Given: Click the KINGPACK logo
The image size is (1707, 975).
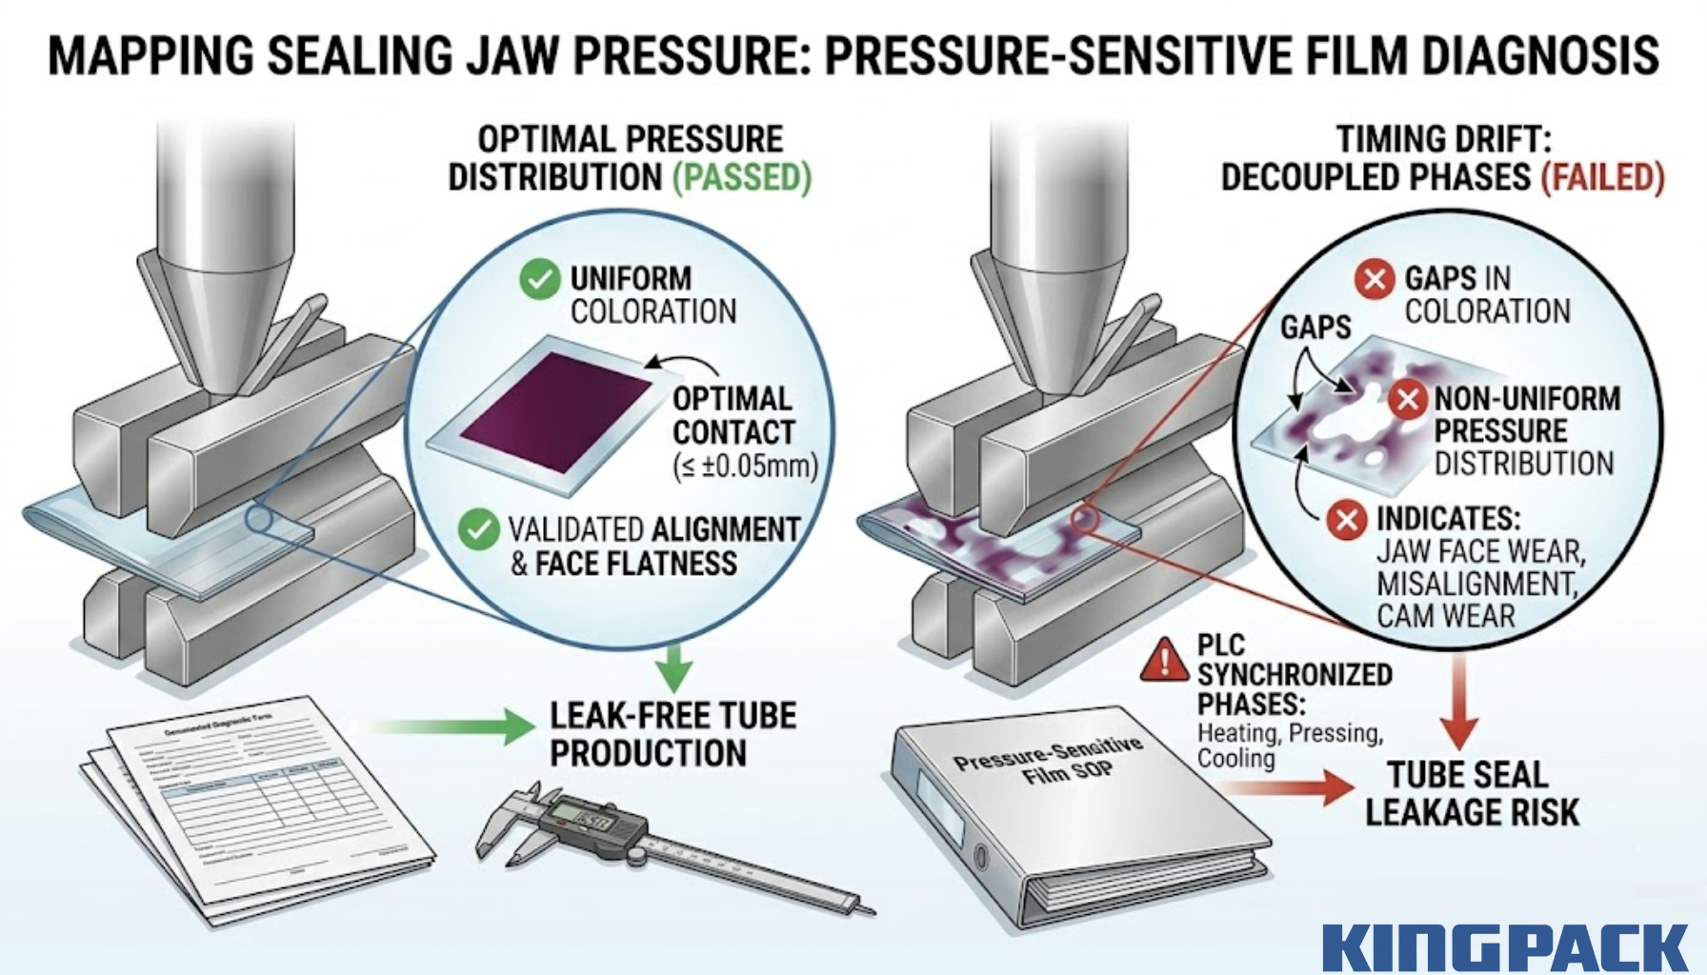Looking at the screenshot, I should click(x=1504, y=946).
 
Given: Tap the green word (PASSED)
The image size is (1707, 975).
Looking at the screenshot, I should click(x=742, y=178).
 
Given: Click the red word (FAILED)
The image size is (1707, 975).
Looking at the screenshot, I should click(x=1602, y=178).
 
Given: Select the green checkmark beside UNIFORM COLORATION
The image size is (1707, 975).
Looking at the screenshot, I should click(x=539, y=280).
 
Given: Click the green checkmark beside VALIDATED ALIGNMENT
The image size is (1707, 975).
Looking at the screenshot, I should click(x=478, y=529).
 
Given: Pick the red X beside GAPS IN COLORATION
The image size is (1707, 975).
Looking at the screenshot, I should click(x=1374, y=280).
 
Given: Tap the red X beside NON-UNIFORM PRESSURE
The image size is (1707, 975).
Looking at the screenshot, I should click(x=1407, y=400).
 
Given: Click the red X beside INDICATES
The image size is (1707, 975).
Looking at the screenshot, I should click(x=1347, y=520).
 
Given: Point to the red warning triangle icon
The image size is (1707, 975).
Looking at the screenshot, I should click(x=1164, y=659).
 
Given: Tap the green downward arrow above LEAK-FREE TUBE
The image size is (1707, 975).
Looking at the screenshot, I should click(x=674, y=666).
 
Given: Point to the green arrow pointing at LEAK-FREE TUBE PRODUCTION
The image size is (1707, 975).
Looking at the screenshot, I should click(x=448, y=727).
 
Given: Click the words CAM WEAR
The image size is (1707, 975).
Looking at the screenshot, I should click(x=1445, y=615).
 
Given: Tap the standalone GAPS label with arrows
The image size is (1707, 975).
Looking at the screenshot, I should click(x=1315, y=328).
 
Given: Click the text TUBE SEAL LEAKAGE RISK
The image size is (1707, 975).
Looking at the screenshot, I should click(x=1471, y=793).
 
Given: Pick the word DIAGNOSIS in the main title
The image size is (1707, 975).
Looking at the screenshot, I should click(x=1540, y=55).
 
